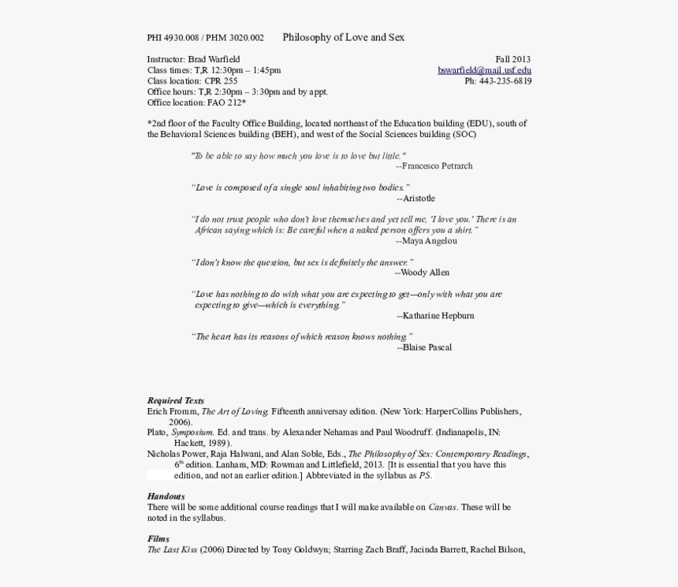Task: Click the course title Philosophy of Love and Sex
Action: pos(343,37)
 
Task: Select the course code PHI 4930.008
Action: pos(173,38)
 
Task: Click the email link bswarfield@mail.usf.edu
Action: pos(484,70)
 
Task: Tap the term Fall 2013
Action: pos(512,59)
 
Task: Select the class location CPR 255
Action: pos(221,81)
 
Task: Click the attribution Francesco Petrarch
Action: pos(437,166)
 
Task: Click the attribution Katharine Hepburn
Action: pos(438,316)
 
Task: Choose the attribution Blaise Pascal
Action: pos(427,347)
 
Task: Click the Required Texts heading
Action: pos(175,401)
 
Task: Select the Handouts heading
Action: pos(166,496)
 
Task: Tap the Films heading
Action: pos(158,539)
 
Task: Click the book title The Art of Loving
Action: pos(235,411)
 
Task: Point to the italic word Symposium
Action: pos(192,433)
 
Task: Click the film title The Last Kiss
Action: pos(172,550)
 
